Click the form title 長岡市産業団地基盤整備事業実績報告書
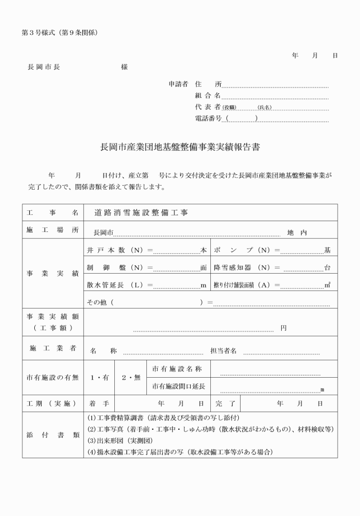(180, 147)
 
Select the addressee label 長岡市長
(44, 67)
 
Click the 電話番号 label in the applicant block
(208, 118)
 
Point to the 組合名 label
(207, 95)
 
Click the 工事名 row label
(52, 212)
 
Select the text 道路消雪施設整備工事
(141, 212)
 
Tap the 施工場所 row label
(52, 231)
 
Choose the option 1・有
(99, 378)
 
